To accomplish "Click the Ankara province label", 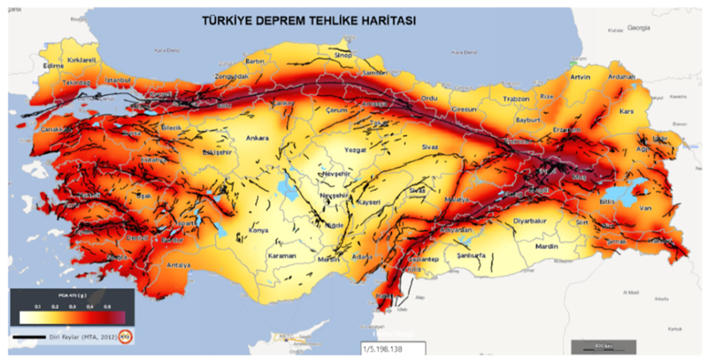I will pos(257,138).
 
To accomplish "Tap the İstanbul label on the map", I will pos(117,81).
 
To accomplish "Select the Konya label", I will pos(258,230).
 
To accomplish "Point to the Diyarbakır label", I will pos(530,221).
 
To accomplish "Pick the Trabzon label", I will pos(516,99).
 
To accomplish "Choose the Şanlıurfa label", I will pos(471,255).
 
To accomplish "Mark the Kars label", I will pos(626,111).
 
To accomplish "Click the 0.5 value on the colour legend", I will pos(108,306).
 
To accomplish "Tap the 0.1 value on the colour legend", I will pos(38,306).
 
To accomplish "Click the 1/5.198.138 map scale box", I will pos(392,349).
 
